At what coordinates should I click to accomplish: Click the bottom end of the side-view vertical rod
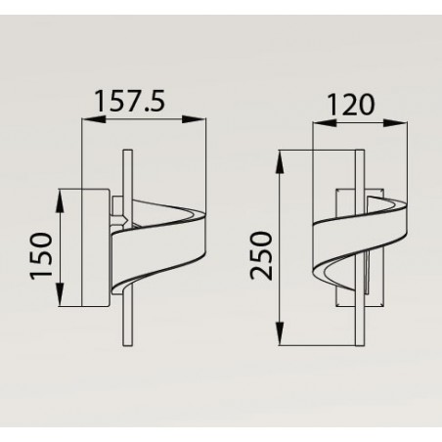pos(124,341)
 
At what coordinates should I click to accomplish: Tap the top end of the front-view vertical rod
pos(355,154)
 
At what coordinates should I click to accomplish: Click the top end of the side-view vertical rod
pos(124,154)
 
